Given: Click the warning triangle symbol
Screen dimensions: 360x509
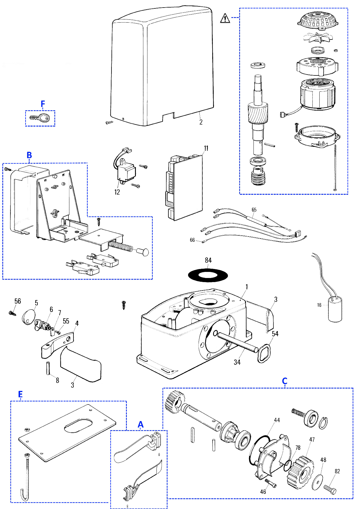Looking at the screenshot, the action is coord(225,18).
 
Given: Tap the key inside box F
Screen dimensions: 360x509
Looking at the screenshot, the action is coord(40,118).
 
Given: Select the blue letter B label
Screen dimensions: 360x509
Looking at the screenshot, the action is coord(29,155).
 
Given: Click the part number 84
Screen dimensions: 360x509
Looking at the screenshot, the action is coord(208,260).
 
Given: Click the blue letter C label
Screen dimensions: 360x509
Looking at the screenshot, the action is coord(285,381).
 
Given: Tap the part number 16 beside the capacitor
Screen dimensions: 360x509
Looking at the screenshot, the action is coord(319,305).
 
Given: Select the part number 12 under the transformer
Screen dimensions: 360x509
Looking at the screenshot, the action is coord(117,192).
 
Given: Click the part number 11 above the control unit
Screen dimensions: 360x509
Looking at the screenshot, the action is coord(206,148).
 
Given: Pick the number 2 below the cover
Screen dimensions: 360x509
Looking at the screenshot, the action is coord(201,122).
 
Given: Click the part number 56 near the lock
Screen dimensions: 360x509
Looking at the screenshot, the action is coord(18,301).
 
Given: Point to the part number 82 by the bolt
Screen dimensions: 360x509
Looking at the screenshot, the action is coord(337,471).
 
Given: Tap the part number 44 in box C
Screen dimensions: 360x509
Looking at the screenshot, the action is coord(277,420).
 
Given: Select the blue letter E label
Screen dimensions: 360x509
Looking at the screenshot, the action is coord(20,394).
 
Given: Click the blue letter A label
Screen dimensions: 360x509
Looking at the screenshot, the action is coord(141,425).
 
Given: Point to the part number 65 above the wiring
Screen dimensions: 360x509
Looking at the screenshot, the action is coord(254,210).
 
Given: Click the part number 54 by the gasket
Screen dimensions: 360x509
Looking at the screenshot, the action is coord(275,334).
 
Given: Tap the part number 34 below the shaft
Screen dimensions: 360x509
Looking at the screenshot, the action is coord(237,362).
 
